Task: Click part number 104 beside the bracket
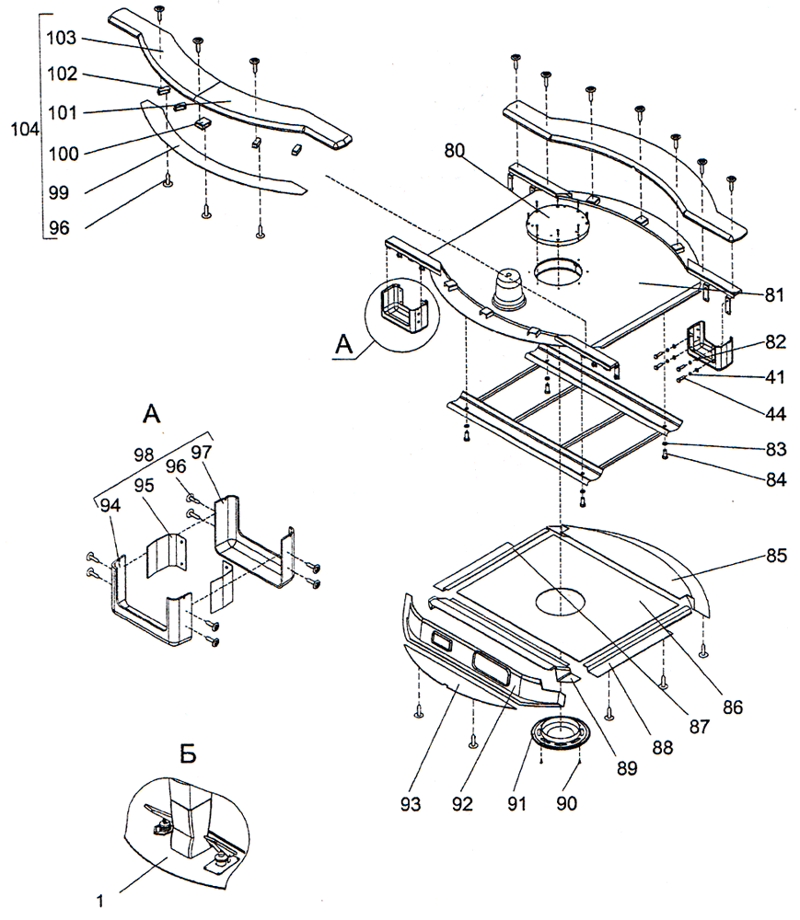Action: tap(23, 130)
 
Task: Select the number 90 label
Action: tap(566, 803)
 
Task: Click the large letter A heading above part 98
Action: tap(153, 415)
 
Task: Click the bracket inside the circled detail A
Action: tap(400, 313)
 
